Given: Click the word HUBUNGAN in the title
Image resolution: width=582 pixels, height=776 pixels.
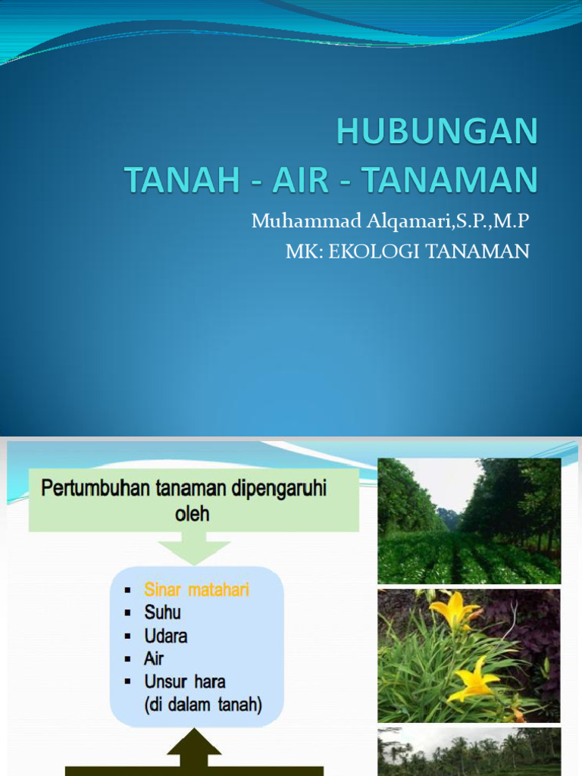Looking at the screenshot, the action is (x=437, y=131).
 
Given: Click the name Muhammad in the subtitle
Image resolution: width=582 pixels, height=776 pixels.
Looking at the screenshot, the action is (x=306, y=221).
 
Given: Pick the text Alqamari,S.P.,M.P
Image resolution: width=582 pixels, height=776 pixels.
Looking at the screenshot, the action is (x=448, y=221).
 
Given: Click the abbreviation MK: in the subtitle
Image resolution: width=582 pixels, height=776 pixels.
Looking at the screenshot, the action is (x=305, y=252).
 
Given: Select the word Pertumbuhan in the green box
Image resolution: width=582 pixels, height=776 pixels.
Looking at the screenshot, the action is (x=95, y=489).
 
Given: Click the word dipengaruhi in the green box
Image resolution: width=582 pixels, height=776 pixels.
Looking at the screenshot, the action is (x=279, y=489).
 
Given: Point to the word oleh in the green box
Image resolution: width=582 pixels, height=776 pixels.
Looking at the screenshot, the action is (x=192, y=514).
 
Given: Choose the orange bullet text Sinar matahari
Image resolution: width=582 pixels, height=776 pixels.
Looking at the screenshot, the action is (x=196, y=590).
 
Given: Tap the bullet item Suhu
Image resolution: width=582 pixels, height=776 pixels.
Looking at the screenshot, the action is (x=162, y=612).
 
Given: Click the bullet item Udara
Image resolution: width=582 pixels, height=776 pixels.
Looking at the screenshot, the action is (x=166, y=636).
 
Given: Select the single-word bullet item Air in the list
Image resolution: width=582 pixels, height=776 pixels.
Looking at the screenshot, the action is (x=153, y=659).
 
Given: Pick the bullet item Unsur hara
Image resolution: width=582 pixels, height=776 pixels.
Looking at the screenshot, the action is (x=185, y=682).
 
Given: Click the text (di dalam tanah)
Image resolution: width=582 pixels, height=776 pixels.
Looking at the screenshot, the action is (x=203, y=705).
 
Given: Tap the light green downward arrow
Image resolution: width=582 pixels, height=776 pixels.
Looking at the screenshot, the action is (x=194, y=549).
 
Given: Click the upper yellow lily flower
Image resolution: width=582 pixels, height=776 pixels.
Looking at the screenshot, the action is (x=453, y=610).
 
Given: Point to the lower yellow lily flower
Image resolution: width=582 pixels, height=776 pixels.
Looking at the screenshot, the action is (x=474, y=678).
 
